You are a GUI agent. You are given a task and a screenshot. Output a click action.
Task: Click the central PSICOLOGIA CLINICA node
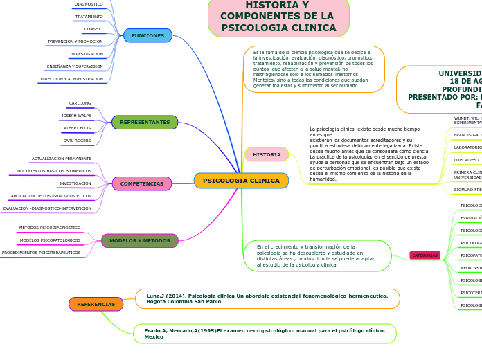[x=241, y=181]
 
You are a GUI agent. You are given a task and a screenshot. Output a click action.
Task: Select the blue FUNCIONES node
[x=148, y=35]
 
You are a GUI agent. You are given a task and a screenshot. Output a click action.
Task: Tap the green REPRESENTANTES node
[x=145, y=123]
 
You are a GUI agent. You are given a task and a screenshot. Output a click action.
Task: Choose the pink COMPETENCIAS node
[x=142, y=183]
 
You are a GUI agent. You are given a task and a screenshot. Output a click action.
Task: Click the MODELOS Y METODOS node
[x=140, y=241]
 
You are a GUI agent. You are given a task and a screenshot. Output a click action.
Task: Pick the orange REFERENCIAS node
[x=96, y=304]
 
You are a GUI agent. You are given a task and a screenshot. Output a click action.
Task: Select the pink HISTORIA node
[x=267, y=154]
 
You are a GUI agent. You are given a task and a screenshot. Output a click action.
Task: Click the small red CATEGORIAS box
[x=425, y=255]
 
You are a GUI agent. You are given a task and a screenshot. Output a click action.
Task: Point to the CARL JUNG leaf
[x=80, y=103]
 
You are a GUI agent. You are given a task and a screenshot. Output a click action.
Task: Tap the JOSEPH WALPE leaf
[x=76, y=116]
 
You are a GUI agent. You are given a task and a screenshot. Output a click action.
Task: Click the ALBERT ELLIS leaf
[x=78, y=128]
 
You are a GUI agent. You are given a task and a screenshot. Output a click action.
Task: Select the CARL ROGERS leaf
[x=78, y=141]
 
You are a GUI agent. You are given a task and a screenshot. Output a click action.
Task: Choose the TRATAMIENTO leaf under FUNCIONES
[x=89, y=17]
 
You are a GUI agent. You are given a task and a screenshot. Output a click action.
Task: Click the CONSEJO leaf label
[x=93, y=29]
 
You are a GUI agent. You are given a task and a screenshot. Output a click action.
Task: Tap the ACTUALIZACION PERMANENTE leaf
[x=62, y=159]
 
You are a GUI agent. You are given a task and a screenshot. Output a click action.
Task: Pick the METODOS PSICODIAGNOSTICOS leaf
[x=50, y=228]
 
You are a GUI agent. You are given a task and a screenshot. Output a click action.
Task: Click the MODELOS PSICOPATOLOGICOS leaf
[x=50, y=240]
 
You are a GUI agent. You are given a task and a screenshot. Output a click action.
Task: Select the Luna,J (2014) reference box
[x=267, y=298]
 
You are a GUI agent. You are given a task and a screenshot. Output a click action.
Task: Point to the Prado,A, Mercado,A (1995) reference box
[x=265, y=334]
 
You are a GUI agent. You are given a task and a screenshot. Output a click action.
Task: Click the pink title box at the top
[x=278, y=17]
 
